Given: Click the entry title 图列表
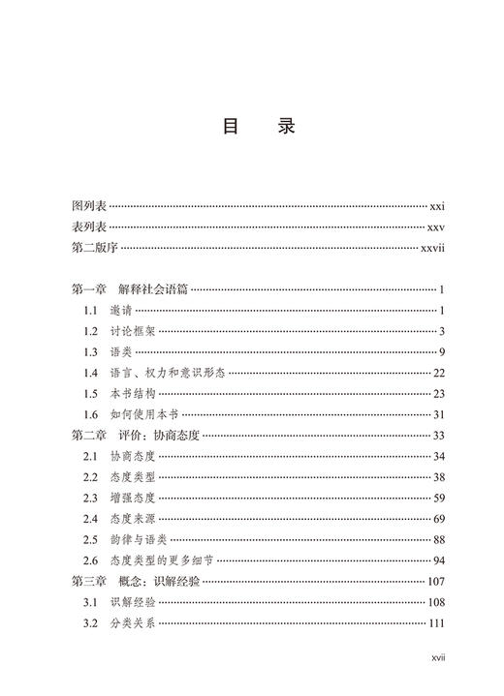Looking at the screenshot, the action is click(89, 206).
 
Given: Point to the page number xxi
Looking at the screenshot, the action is click(436, 206).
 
